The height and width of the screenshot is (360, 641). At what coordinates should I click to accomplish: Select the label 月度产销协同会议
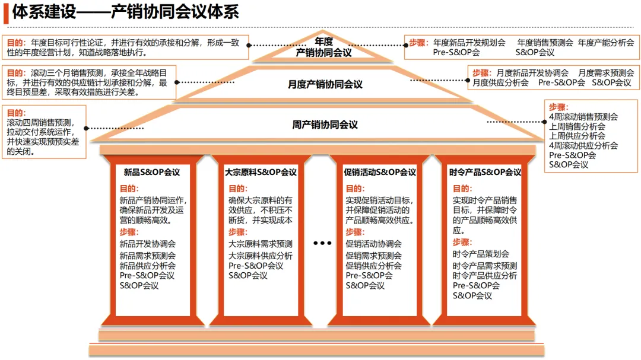(325, 84)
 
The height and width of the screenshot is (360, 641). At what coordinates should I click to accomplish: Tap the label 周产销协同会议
(325, 125)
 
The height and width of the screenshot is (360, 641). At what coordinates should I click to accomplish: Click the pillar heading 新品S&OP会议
(152, 173)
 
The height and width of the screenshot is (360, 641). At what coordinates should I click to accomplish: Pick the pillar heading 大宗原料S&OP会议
(261, 173)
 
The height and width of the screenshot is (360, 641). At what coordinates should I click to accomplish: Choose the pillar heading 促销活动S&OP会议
(380, 173)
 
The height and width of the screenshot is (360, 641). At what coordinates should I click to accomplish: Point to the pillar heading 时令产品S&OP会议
(485, 173)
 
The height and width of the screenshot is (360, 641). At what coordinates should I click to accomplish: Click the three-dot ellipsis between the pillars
(322, 243)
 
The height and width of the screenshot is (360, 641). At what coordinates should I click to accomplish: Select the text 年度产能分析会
(605, 43)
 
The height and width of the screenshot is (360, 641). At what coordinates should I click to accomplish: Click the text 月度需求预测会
(606, 72)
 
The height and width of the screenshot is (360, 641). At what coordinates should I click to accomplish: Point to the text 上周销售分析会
(577, 126)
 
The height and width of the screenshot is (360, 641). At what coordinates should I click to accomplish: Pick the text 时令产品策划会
(481, 254)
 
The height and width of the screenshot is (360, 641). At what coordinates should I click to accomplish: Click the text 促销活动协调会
(373, 244)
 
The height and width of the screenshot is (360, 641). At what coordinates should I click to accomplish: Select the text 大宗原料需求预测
(261, 244)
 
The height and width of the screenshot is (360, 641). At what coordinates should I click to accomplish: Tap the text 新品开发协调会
(148, 244)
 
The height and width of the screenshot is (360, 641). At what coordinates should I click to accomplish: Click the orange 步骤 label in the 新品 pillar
(129, 232)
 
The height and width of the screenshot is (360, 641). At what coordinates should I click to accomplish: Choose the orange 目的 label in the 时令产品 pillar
(462, 189)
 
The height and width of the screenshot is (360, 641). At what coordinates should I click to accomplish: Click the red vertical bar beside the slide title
(6, 12)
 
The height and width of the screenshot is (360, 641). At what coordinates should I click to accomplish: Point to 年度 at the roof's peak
(324, 42)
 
